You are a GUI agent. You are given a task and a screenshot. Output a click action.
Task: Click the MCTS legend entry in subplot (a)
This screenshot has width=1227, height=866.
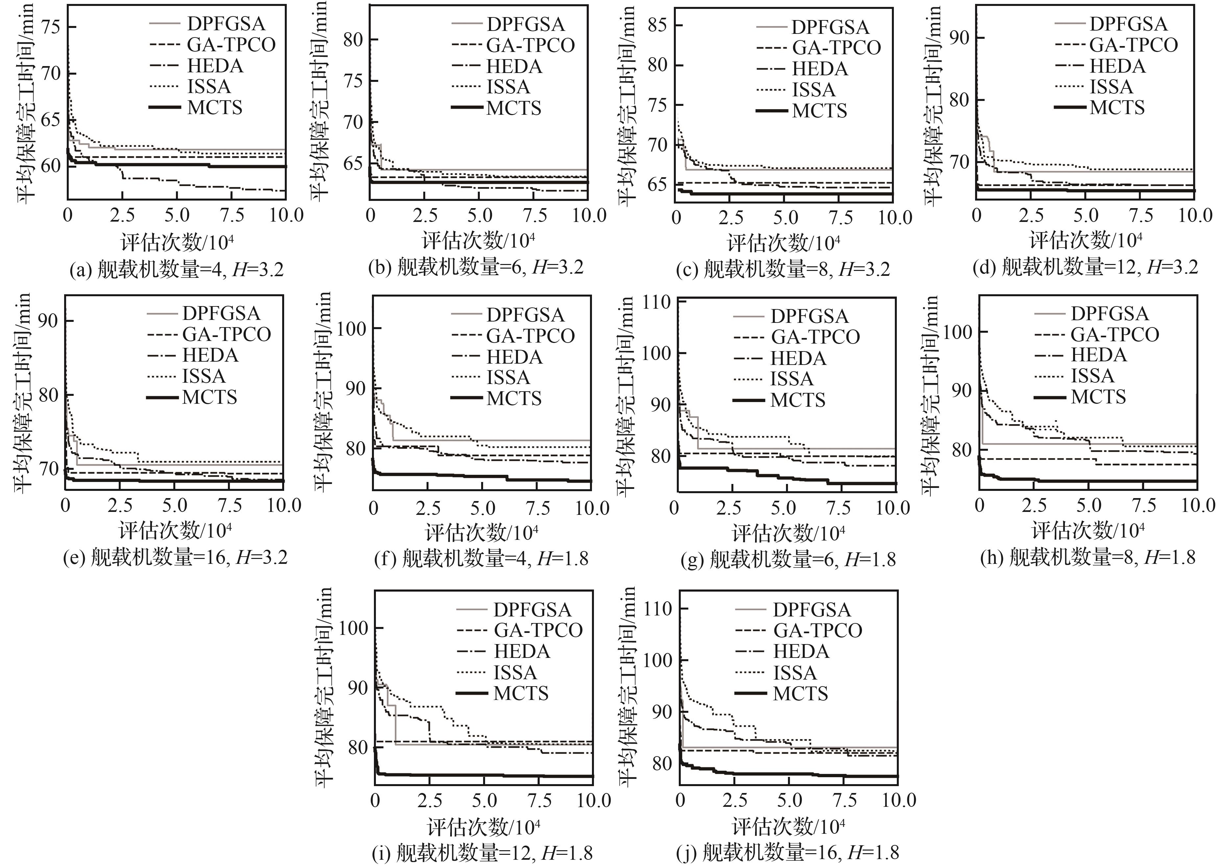point(214,108)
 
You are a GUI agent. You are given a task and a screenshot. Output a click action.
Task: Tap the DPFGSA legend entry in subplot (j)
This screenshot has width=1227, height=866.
point(811,610)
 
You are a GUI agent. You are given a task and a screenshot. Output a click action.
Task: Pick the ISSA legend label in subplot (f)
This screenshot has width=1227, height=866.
point(508,377)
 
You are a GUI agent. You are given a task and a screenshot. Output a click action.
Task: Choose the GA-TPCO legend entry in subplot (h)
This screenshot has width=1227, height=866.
point(1114,334)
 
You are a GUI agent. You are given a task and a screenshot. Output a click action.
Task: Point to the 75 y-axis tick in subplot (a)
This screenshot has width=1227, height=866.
point(51,27)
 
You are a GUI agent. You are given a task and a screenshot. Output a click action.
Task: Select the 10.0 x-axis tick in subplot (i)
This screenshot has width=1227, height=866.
point(594,800)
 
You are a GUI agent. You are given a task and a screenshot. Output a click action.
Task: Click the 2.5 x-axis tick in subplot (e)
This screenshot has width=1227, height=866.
point(120,505)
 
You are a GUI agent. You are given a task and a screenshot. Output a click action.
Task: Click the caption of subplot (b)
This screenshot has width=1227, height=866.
point(476,267)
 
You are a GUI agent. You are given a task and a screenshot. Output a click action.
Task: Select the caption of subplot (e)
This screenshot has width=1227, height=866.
point(175,558)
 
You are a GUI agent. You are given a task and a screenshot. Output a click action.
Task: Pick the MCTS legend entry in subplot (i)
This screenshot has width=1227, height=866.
point(521,693)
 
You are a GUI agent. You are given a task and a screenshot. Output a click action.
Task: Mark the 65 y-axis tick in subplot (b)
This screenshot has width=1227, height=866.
point(353,163)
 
